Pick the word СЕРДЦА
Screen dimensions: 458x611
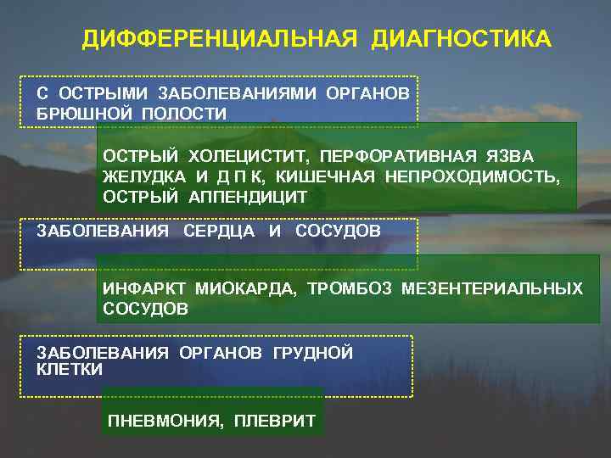(219, 231)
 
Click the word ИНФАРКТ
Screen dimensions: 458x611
(145, 288)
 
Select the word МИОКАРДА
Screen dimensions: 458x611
(246, 288)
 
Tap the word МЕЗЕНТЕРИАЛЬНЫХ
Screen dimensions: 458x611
(492, 288)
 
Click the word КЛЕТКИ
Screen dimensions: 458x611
(70, 370)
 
